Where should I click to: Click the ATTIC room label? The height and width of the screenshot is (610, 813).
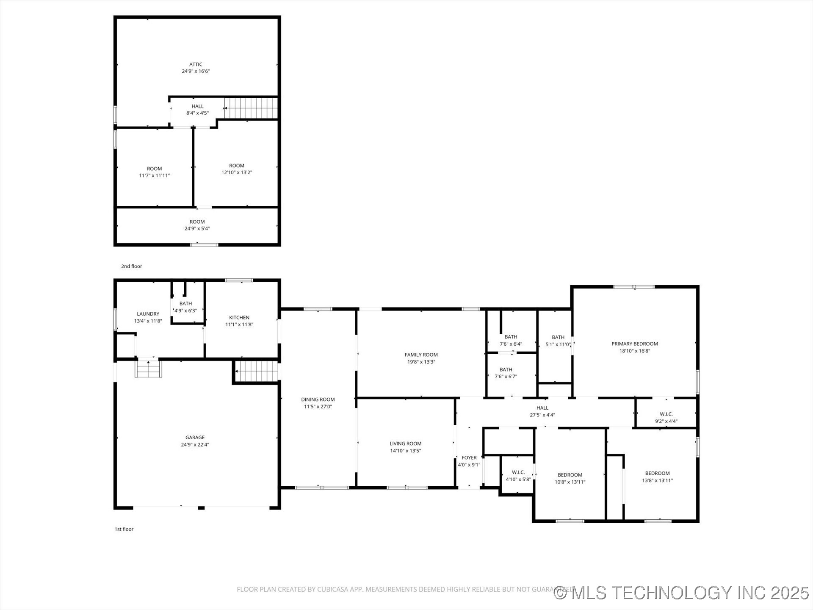[x=196, y=64]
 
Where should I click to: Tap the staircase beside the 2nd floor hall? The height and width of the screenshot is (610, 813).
[x=251, y=108]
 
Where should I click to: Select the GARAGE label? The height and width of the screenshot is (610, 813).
[x=195, y=438]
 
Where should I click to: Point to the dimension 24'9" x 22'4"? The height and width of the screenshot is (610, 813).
[x=195, y=445]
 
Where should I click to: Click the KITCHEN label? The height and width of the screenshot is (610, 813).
[x=239, y=318]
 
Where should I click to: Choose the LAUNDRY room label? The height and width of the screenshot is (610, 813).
[x=148, y=314]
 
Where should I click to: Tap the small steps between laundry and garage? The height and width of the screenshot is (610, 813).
[x=148, y=368]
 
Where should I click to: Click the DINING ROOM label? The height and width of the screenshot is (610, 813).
[x=318, y=399]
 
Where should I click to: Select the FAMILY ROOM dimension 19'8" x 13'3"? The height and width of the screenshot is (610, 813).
[x=421, y=362]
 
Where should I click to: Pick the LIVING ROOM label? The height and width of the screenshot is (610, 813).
[x=405, y=444]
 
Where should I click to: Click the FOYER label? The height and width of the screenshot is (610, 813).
[x=469, y=457]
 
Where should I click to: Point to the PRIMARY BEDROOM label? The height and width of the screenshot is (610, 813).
[x=634, y=344]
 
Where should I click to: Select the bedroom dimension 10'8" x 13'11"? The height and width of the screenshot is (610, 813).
[x=570, y=482]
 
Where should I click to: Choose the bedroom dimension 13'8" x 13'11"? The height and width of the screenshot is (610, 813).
[x=657, y=480]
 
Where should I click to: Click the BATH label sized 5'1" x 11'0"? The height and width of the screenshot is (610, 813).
[x=558, y=338]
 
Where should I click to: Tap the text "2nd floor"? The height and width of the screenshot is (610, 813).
[x=132, y=266]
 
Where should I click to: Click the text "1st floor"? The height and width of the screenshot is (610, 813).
[x=124, y=529]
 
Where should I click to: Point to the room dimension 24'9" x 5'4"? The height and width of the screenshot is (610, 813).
[x=197, y=229]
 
